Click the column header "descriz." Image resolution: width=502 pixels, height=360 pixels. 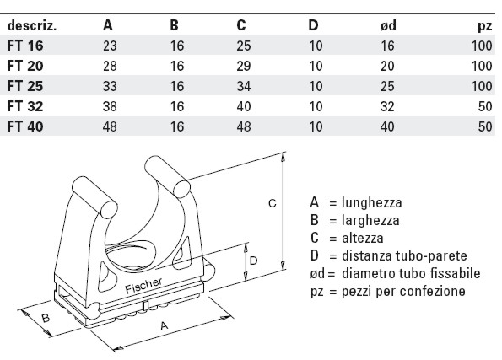tap(32, 25)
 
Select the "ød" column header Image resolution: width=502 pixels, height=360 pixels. tap(390, 25)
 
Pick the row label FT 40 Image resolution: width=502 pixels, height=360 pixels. tap(24, 126)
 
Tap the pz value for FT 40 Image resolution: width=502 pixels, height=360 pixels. tap(483, 126)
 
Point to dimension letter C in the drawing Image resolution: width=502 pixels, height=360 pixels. tap(272, 204)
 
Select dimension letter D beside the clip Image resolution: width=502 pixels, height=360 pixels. tap(254, 261)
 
